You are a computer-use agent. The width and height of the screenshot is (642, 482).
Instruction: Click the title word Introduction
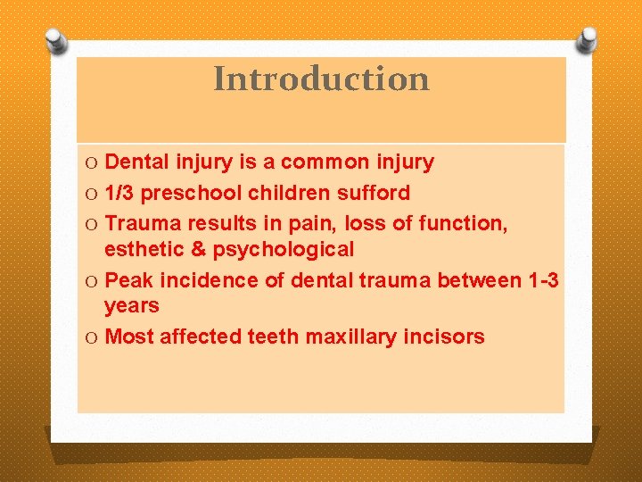click(x=321, y=79)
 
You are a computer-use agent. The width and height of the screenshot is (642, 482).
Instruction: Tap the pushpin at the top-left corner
click(x=56, y=40)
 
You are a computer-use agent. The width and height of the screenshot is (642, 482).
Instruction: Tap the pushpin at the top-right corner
click(x=586, y=39)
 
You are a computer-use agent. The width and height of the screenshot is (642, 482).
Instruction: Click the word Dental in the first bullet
click(x=136, y=162)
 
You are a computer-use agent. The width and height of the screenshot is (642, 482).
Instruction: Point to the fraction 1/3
click(x=119, y=193)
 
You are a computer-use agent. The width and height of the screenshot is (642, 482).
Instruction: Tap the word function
click(x=465, y=223)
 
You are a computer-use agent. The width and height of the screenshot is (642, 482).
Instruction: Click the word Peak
click(x=128, y=280)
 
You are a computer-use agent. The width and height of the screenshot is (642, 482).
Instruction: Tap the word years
click(x=131, y=306)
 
